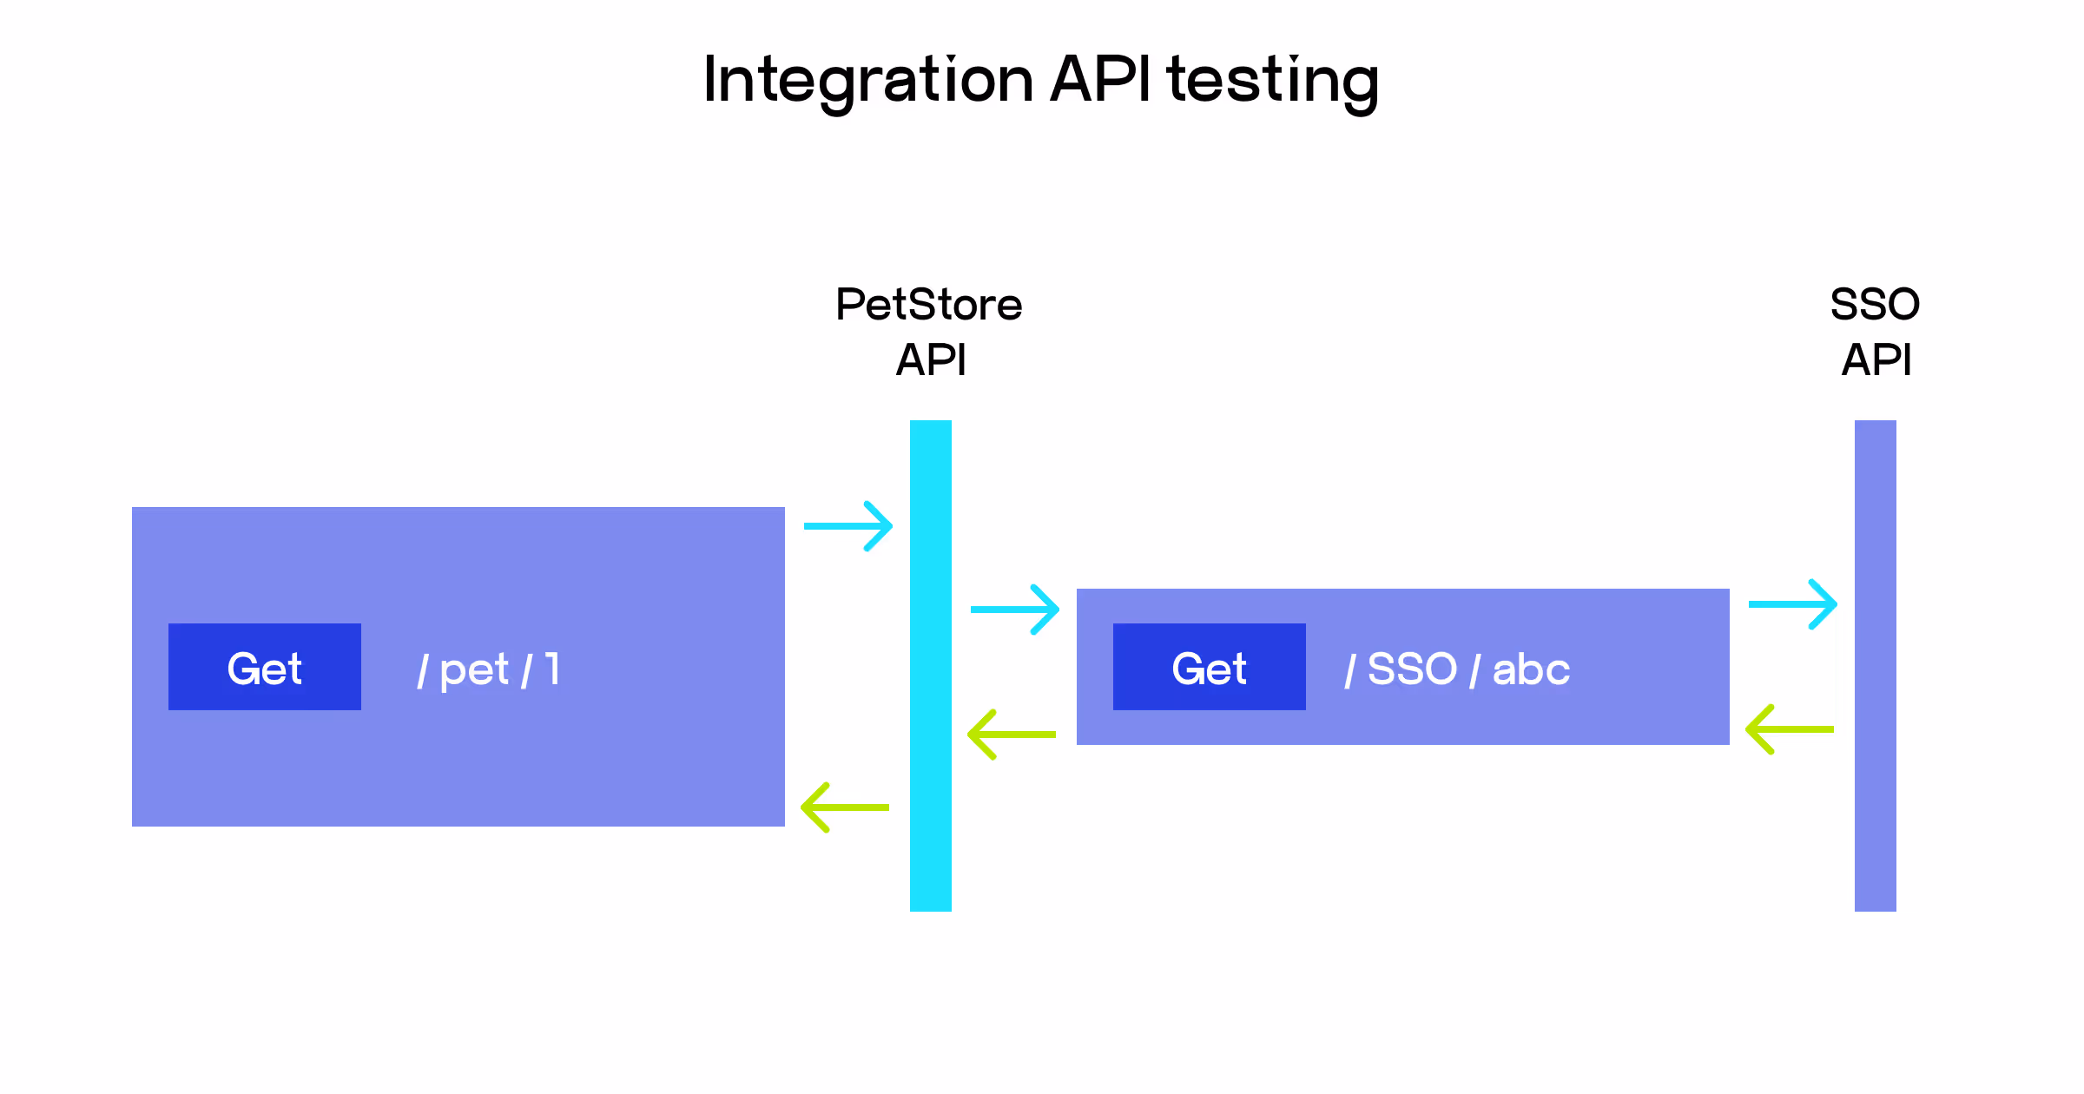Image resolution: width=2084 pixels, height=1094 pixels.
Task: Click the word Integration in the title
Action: coord(868,80)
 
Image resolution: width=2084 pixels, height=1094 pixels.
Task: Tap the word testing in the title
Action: coord(1273,80)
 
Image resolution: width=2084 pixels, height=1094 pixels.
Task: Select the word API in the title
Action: coord(1100,80)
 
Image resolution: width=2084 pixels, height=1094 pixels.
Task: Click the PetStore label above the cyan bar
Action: coord(928,305)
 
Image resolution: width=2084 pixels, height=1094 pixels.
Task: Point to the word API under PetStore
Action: coord(930,359)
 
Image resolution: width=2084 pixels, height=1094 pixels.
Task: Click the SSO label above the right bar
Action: coord(1875,305)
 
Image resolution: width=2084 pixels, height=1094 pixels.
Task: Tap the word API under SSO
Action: coord(1876,359)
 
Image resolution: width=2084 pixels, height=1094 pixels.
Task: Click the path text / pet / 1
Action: coord(488,669)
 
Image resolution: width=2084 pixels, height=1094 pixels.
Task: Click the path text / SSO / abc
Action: coord(1456,669)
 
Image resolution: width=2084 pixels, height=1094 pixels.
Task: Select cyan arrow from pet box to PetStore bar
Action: coord(847,526)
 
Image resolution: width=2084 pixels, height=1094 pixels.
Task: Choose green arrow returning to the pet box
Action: coord(845,807)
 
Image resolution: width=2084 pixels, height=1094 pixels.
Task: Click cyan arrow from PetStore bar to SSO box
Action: coord(1014,610)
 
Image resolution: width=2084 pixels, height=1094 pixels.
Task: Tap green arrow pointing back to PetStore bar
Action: coord(1012,735)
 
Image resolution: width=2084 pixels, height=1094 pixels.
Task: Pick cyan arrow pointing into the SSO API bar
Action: coord(1792,604)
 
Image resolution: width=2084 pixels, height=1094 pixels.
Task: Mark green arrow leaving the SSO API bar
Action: coord(1790,729)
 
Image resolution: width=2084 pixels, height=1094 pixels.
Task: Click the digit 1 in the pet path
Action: coord(552,669)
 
